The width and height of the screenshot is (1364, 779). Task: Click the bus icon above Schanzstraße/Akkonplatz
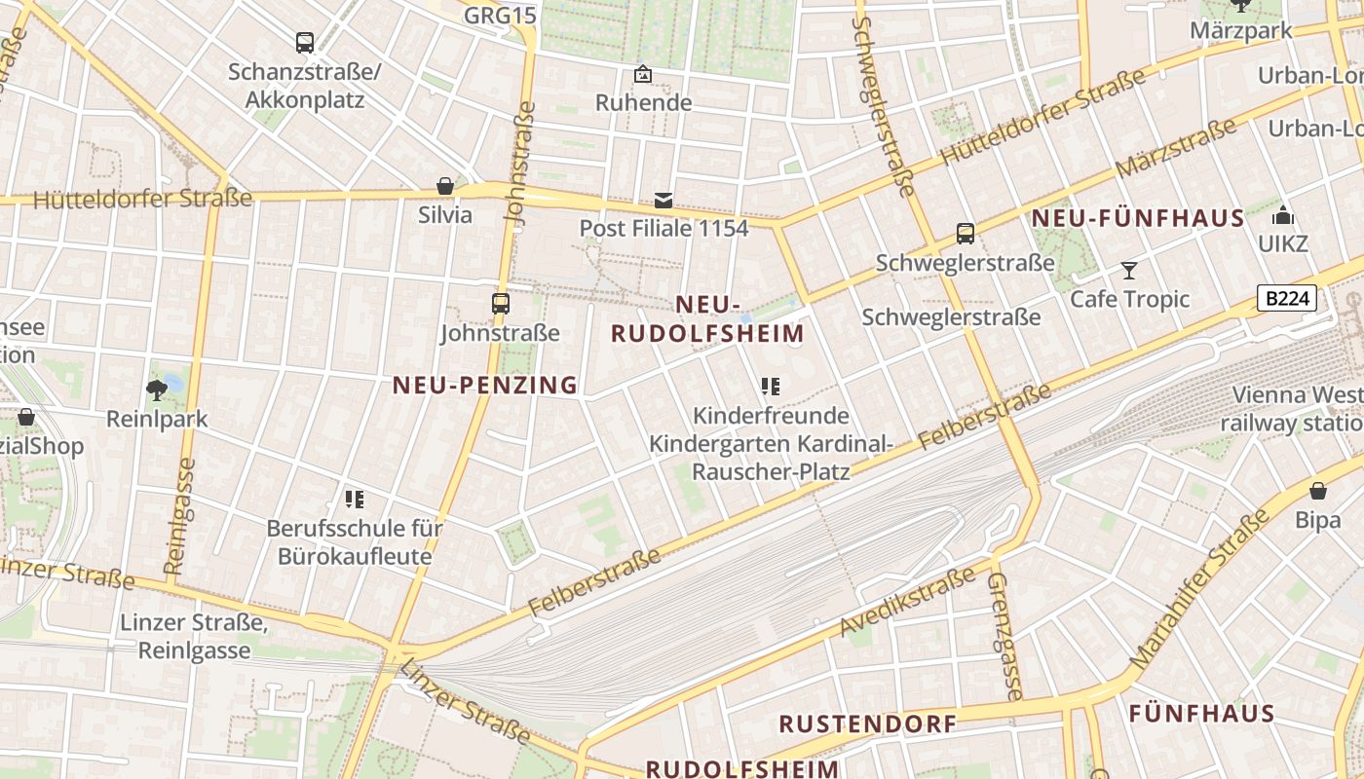click(305, 43)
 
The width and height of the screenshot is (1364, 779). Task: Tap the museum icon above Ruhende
click(643, 74)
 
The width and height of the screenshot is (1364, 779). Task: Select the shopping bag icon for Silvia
click(445, 186)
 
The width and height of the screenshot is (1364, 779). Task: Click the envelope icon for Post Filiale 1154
click(663, 201)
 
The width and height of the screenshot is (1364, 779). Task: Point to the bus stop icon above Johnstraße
click(500, 304)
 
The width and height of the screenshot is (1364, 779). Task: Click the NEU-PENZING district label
click(485, 386)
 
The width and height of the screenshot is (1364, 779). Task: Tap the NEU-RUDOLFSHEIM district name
click(708, 319)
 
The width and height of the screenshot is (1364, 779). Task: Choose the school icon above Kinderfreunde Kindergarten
click(771, 387)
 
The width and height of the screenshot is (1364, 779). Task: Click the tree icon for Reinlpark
click(156, 390)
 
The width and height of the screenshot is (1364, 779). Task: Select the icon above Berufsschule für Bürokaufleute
click(355, 501)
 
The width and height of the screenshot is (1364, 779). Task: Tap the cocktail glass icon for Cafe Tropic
click(1129, 270)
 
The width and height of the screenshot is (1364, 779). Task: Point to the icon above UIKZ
click(1283, 215)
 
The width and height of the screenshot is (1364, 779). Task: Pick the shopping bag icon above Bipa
click(1318, 491)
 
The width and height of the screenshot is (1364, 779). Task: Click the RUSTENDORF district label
click(868, 724)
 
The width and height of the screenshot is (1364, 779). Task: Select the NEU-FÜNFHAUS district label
click(1138, 218)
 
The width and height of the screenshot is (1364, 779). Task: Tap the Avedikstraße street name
click(907, 606)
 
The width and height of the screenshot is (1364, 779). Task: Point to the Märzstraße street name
click(1176, 148)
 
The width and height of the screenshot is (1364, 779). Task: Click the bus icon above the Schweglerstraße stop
click(966, 234)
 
